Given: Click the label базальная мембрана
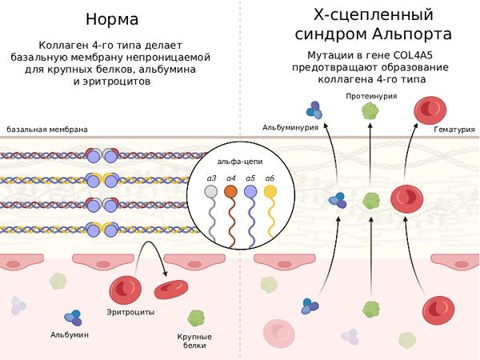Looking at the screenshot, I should point(47,130).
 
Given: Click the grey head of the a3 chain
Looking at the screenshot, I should point(211,192).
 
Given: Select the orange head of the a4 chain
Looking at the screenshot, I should point(230,192).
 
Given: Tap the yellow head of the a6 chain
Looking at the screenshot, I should point(270,192).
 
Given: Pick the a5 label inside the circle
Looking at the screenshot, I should point(250,178).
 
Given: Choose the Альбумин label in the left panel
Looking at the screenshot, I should point(70,334).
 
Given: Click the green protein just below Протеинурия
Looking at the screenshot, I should point(370,111).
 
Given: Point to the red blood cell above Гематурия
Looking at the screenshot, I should point(429,110).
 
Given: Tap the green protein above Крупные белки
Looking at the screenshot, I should point(196,318).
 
